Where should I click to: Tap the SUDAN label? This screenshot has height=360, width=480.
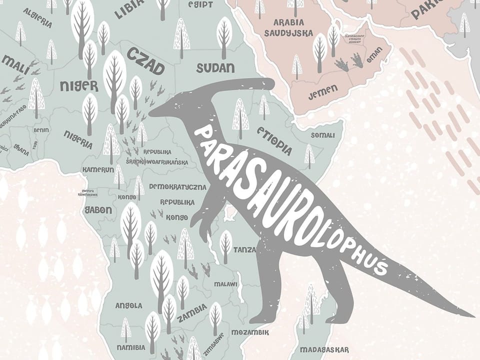point(215,68)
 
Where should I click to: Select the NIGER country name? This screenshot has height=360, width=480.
point(79,85)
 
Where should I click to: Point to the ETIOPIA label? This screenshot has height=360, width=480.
point(274,139)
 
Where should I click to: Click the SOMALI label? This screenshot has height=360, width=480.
point(322,135)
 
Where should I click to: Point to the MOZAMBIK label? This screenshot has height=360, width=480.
point(250,332)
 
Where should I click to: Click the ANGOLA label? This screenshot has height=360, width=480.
point(128,305)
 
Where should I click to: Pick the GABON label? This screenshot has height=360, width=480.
point(98,210)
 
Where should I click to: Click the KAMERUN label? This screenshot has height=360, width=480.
point(98,169)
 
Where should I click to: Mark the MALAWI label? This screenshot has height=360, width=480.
point(225,283)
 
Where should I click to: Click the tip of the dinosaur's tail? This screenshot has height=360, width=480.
point(472,316)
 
